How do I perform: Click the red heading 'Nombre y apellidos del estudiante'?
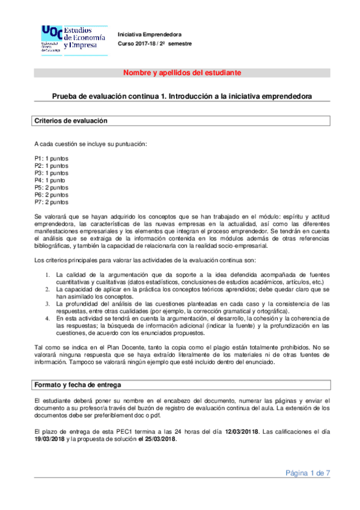[x=182, y=73]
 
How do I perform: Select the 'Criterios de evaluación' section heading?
[x=71, y=121]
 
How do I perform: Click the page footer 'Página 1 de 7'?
[x=307, y=473]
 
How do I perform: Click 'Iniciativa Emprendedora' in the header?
[x=149, y=35]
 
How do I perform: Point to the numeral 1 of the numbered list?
[x=48, y=274]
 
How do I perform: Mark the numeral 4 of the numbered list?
[x=48, y=318]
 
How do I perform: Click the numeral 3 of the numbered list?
[x=48, y=303]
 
